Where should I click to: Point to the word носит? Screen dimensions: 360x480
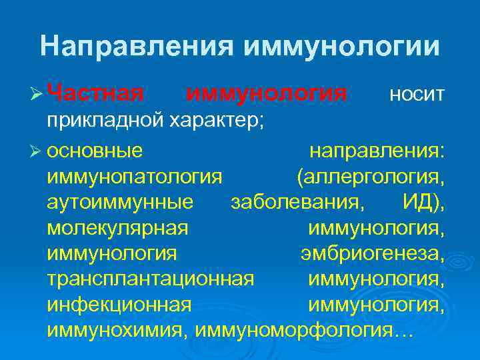416,95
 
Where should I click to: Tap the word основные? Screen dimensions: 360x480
95,151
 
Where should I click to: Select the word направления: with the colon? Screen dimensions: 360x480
377,151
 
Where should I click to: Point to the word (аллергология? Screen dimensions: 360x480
371,177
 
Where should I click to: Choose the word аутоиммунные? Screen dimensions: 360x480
121,202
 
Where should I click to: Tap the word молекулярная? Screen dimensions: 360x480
118,228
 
